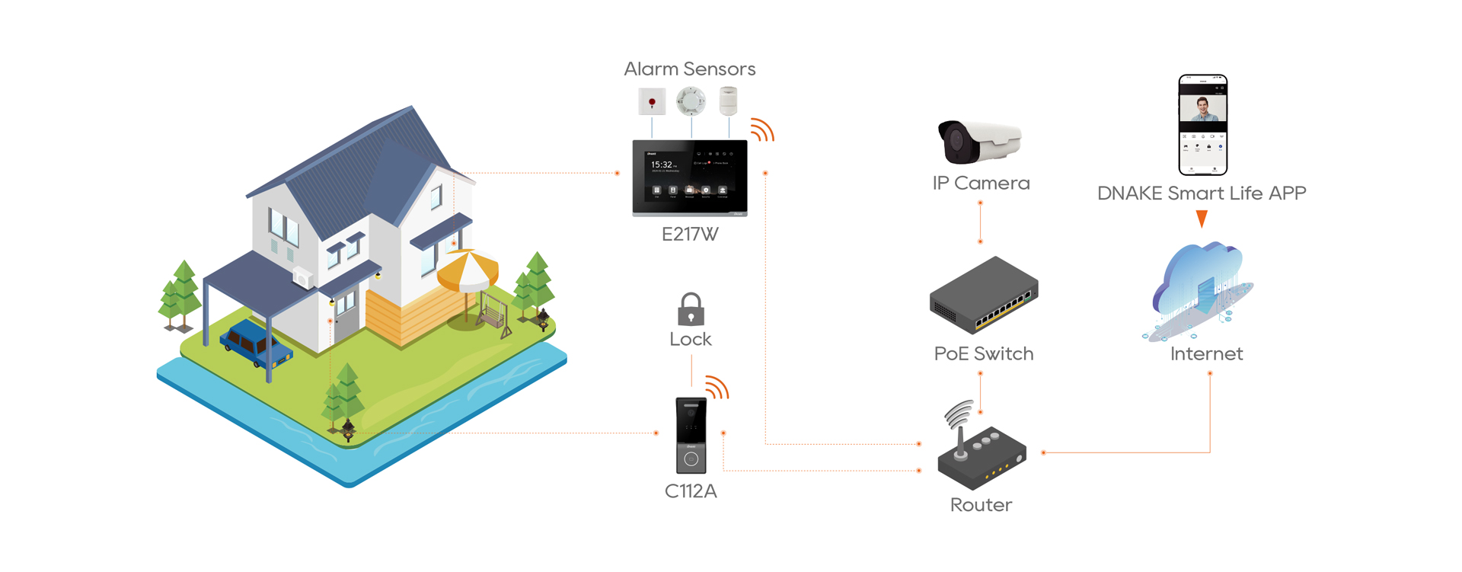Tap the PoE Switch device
pos(984,296)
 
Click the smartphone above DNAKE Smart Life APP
pos(1202,125)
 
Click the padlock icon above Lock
pos(691,309)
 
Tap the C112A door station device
pos(691,435)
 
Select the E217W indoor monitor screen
pos(690,177)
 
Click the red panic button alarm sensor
pos(652,102)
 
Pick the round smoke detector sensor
pos(691,101)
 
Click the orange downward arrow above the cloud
pos(1202,219)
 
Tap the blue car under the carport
pos(255,344)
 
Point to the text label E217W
pos(690,235)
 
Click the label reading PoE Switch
pos(983,354)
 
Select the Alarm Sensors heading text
pos(690,69)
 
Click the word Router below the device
pos(981,505)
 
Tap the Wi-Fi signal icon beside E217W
pos(761,129)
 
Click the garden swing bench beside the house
pos(494,312)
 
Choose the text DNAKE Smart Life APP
pos(1202,193)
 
